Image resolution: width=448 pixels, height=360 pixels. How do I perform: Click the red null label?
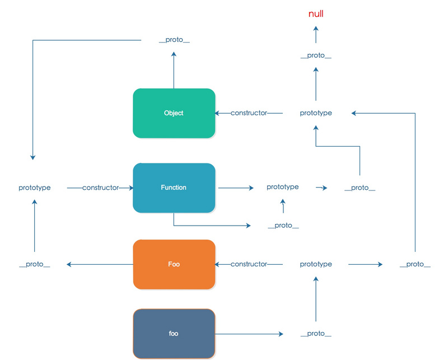point(316,14)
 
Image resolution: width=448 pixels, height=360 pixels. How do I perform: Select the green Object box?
point(174,113)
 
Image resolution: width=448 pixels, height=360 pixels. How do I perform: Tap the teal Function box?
point(174,188)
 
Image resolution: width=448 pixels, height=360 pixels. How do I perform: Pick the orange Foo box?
point(174,264)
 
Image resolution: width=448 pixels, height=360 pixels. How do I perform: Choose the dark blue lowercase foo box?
point(174,334)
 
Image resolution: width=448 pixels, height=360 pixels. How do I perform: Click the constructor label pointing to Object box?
point(249,113)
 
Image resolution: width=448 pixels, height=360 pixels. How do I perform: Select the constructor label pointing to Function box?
point(101,188)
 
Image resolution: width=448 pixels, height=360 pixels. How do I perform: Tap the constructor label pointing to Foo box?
point(249,264)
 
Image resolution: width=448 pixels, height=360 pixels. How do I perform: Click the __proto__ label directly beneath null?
point(316,57)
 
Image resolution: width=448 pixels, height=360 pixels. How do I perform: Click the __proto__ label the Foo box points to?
point(35,264)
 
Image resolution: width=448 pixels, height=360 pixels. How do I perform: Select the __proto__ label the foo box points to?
point(316,334)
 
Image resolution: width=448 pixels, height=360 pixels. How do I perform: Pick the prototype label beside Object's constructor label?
point(316,113)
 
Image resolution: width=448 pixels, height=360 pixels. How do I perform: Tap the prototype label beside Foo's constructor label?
point(316,264)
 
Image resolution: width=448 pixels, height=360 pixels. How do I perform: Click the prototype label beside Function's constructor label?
point(35,188)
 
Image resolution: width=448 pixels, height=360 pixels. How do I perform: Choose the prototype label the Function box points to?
point(283,187)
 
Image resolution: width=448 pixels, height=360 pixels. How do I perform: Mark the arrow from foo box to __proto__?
point(249,334)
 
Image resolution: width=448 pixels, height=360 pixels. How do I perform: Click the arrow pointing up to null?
point(316,35)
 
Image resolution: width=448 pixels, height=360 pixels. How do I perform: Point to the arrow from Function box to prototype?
point(236,188)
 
